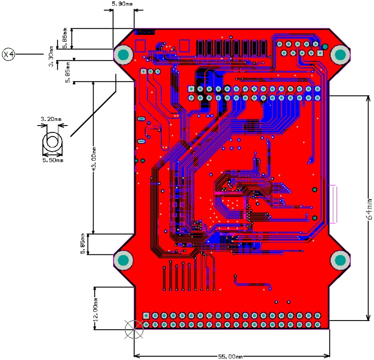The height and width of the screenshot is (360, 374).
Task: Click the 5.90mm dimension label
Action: [x=122, y=4]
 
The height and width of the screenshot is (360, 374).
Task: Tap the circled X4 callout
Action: [x=9, y=54]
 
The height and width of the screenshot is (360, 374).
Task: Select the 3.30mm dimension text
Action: [x=51, y=58]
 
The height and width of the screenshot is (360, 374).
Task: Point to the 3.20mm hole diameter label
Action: [x=50, y=119]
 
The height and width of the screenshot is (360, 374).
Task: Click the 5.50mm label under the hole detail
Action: [x=53, y=160]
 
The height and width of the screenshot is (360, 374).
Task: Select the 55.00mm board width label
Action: [x=231, y=356]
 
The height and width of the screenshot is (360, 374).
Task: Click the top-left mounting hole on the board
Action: [x=123, y=55]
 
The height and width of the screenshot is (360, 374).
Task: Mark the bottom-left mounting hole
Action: [x=123, y=261]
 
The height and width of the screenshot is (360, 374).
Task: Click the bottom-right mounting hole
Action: [x=340, y=261]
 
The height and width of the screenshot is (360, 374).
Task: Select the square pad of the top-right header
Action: [x=320, y=53]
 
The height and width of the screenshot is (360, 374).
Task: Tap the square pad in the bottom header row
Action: [x=146, y=315]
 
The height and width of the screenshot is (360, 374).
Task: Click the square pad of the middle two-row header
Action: [x=191, y=89]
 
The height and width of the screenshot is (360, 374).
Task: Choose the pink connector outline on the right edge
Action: [x=334, y=204]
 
